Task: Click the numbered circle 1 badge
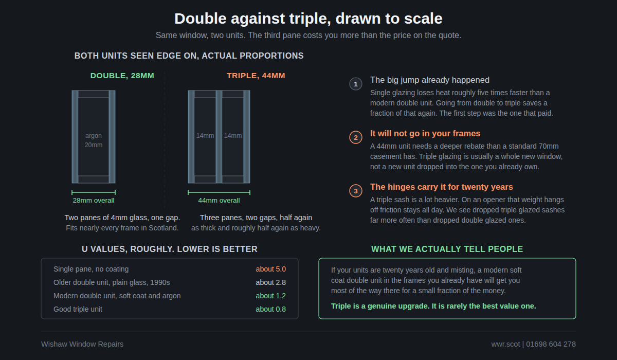click(x=356, y=84)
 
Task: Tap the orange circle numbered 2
click(x=356, y=137)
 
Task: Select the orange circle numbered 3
click(x=356, y=191)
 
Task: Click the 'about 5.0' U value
click(x=270, y=269)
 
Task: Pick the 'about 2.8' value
click(x=270, y=283)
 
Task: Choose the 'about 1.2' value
click(x=270, y=296)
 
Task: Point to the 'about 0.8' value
click(x=270, y=309)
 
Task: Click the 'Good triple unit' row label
click(x=78, y=309)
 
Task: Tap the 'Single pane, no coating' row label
click(x=91, y=269)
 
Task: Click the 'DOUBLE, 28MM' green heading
click(x=122, y=76)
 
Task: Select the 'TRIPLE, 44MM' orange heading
click(x=256, y=76)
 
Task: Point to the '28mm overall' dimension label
click(x=94, y=201)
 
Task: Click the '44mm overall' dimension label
click(x=219, y=201)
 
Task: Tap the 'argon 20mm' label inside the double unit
click(x=94, y=140)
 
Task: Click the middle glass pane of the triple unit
click(x=219, y=137)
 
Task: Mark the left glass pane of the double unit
click(x=75, y=137)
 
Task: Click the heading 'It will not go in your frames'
click(x=425, y=134)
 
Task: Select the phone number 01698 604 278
click(x=551, y=344)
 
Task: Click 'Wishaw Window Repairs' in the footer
click(x=82, y=344)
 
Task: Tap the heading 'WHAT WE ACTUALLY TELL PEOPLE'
click(x=447, y=249)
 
